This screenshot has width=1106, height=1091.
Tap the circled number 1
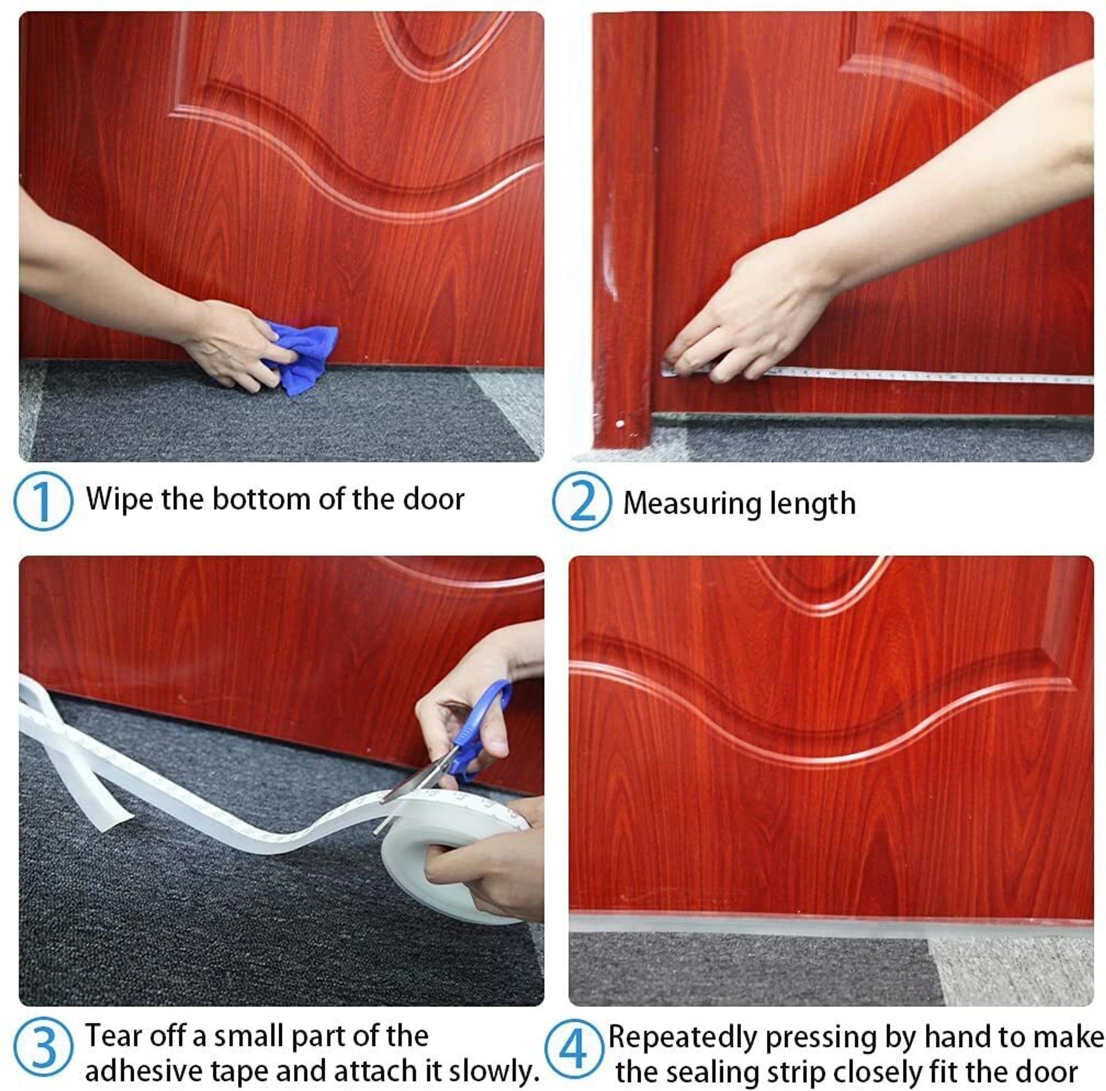[43, 501]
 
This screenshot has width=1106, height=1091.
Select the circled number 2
[582, 501]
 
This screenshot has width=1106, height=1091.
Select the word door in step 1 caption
[433, 498]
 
